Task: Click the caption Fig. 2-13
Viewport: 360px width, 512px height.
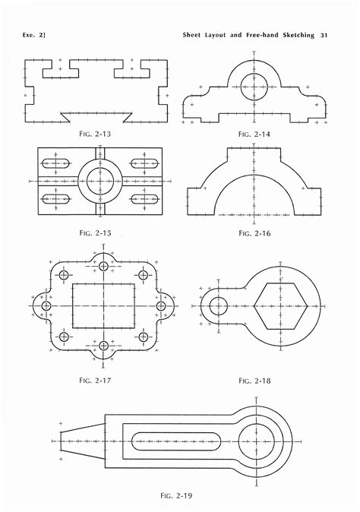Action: click(x=95, y=134)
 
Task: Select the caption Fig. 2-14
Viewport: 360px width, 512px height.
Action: click(x=254, y=134)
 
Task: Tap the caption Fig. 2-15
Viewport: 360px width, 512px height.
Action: click(x=95, y=232)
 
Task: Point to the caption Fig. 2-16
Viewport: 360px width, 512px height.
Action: click(x=254, y=233)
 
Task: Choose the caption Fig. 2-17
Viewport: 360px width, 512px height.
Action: click(x=95, y=381)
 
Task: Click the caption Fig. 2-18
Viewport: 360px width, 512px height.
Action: click(x=254, y=381)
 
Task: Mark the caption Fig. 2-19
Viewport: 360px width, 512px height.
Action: click(x=176, y=496)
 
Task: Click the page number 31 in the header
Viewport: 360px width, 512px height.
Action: click(x=324, y=35)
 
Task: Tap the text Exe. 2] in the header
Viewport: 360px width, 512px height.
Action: click(x=34, y=35)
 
